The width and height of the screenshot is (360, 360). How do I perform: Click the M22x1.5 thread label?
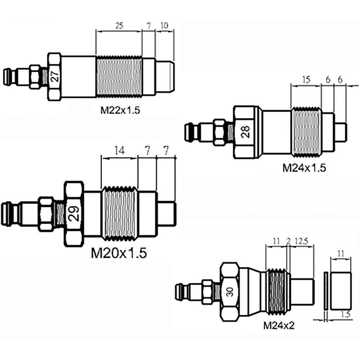click(120, 111)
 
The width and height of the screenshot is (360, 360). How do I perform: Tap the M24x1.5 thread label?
click(304, 168)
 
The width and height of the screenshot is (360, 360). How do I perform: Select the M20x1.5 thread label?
click(119, 253)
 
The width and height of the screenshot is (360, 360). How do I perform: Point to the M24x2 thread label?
click(279, 325)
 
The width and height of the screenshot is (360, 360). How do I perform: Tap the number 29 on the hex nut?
click(74, 213)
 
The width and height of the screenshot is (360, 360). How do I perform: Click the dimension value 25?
click(119, 26)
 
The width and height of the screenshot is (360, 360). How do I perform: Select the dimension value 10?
click(165, 26)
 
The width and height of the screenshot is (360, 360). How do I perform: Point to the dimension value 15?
click(306, 80)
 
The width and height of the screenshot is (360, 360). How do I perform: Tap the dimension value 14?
click(120, 151)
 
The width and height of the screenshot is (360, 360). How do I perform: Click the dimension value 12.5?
click(301, 241)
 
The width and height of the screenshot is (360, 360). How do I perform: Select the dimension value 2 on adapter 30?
click(289, 241)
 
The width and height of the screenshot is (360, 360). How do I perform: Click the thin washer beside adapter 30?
click(325, 291)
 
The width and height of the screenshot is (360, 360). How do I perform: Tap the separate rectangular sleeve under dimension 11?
click(341, 291)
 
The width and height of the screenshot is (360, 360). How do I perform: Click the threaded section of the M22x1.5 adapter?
click(119, 76)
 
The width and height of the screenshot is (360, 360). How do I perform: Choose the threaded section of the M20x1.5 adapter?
click(120, 213)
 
